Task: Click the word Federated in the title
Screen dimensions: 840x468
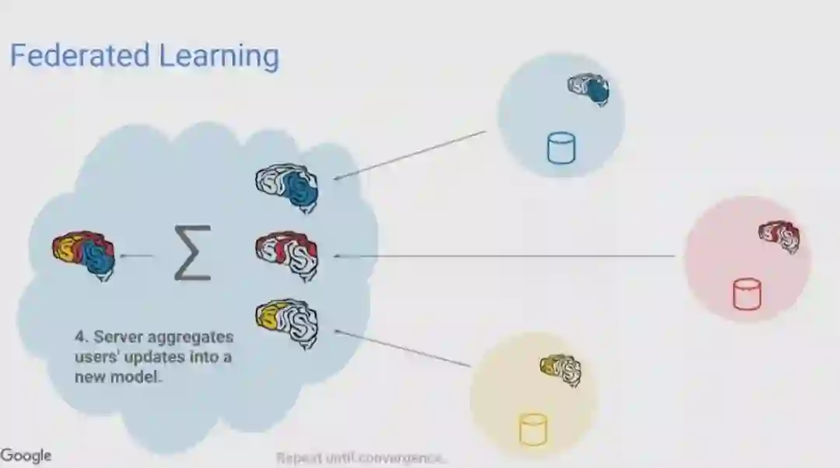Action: click(x=79, y=57)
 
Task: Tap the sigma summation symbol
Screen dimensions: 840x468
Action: click(x=192, y=253)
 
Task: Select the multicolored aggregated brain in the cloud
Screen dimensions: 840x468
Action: click(x=84, y=253)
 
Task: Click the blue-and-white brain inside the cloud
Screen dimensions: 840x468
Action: click(x=287, y=187)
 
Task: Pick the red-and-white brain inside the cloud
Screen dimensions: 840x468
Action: click(x=287, y=253)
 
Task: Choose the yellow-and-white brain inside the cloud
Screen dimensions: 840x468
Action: click(x=287, y=321)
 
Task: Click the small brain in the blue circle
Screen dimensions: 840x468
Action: click(x=588, y=89)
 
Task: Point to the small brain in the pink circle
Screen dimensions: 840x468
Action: click(x=779, y=235)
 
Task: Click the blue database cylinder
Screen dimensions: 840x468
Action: click(x=561, y=148)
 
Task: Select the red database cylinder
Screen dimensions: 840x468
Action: click(x=747, y=295)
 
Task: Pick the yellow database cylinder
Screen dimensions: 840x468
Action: click(x=533, y=429)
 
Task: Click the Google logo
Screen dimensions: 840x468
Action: click(x=26, y=456)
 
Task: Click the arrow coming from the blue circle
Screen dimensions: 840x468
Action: click(x=409, y=155)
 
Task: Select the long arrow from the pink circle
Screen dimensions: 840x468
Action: click(x=506, y=255)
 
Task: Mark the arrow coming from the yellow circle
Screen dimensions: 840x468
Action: click(x=402, y=348)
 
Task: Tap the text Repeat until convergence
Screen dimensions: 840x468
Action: click(x=362, y=458)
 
